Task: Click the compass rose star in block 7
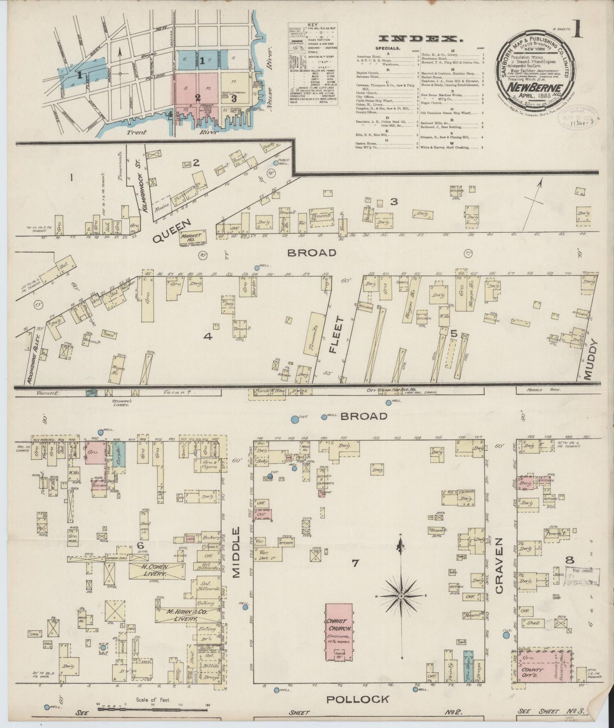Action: coord(401,596)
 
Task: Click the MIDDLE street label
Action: coord(237,553)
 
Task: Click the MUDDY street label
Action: coord(591,360)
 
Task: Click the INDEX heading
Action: coord(419,39)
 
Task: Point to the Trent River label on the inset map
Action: coord(137,132)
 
